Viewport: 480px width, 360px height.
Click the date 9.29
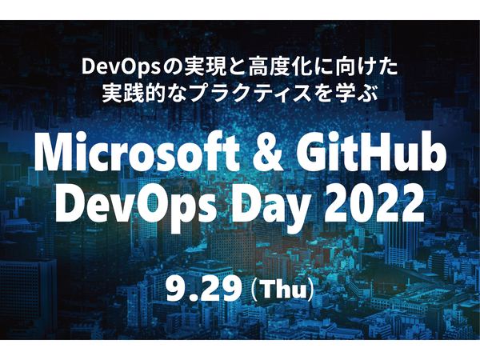coord(203,289)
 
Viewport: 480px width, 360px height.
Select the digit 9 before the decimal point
coord(176,289)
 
